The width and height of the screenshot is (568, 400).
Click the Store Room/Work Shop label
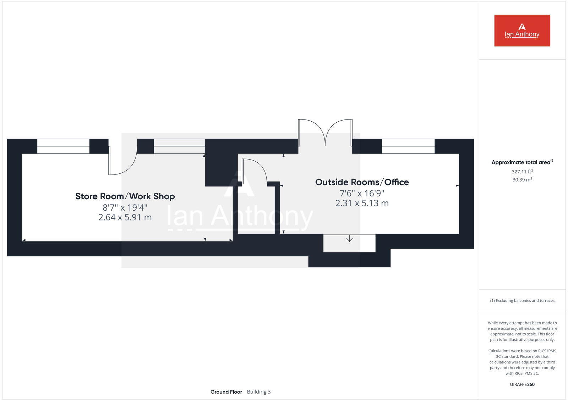[125, 196]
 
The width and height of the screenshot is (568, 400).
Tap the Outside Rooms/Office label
[362, 182]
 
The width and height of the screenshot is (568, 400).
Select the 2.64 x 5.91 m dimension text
[125, 217]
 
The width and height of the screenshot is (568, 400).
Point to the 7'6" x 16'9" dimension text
[362, 193]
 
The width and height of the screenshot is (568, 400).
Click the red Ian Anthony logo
[522, 30]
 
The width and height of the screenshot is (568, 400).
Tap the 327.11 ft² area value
[522, 172]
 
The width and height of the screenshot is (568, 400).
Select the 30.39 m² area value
[522, 180]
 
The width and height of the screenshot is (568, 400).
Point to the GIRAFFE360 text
[522, 384]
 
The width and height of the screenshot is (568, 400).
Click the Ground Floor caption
[226, 392]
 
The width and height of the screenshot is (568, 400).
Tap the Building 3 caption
[258, 392]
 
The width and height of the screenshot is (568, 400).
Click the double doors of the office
[325, 133]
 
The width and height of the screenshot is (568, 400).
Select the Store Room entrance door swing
[122, 161]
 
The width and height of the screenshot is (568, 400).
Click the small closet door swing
[254, 172]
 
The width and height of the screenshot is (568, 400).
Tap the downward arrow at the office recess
[349, 238]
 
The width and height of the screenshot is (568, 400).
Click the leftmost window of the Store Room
[63, 146]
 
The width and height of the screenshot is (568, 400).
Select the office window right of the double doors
[408, 146]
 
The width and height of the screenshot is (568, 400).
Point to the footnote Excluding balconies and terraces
[522, 301]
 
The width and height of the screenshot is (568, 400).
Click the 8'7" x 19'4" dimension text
[125, 207]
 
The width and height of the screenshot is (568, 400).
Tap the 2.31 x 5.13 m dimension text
[362, 203]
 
